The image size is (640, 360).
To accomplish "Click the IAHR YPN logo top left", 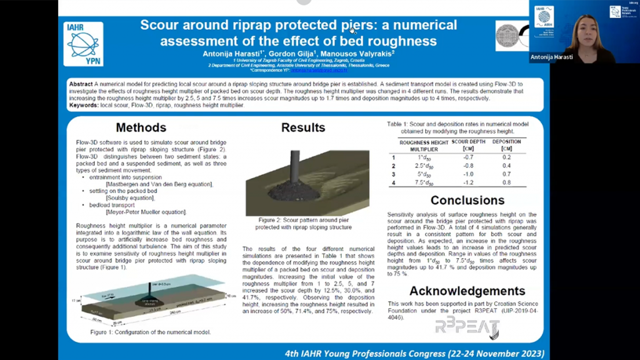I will [84, 44].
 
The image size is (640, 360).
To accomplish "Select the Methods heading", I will [141, 127].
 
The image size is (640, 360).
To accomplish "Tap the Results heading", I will [302, 127].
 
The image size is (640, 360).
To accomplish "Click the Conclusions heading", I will [467, 201].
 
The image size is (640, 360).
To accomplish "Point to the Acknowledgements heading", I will [467, 291].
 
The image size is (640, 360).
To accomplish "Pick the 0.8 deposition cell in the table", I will [506, 182].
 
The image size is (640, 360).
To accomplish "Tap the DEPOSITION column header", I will [506, 145].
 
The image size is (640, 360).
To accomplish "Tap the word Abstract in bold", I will [81, 83].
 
